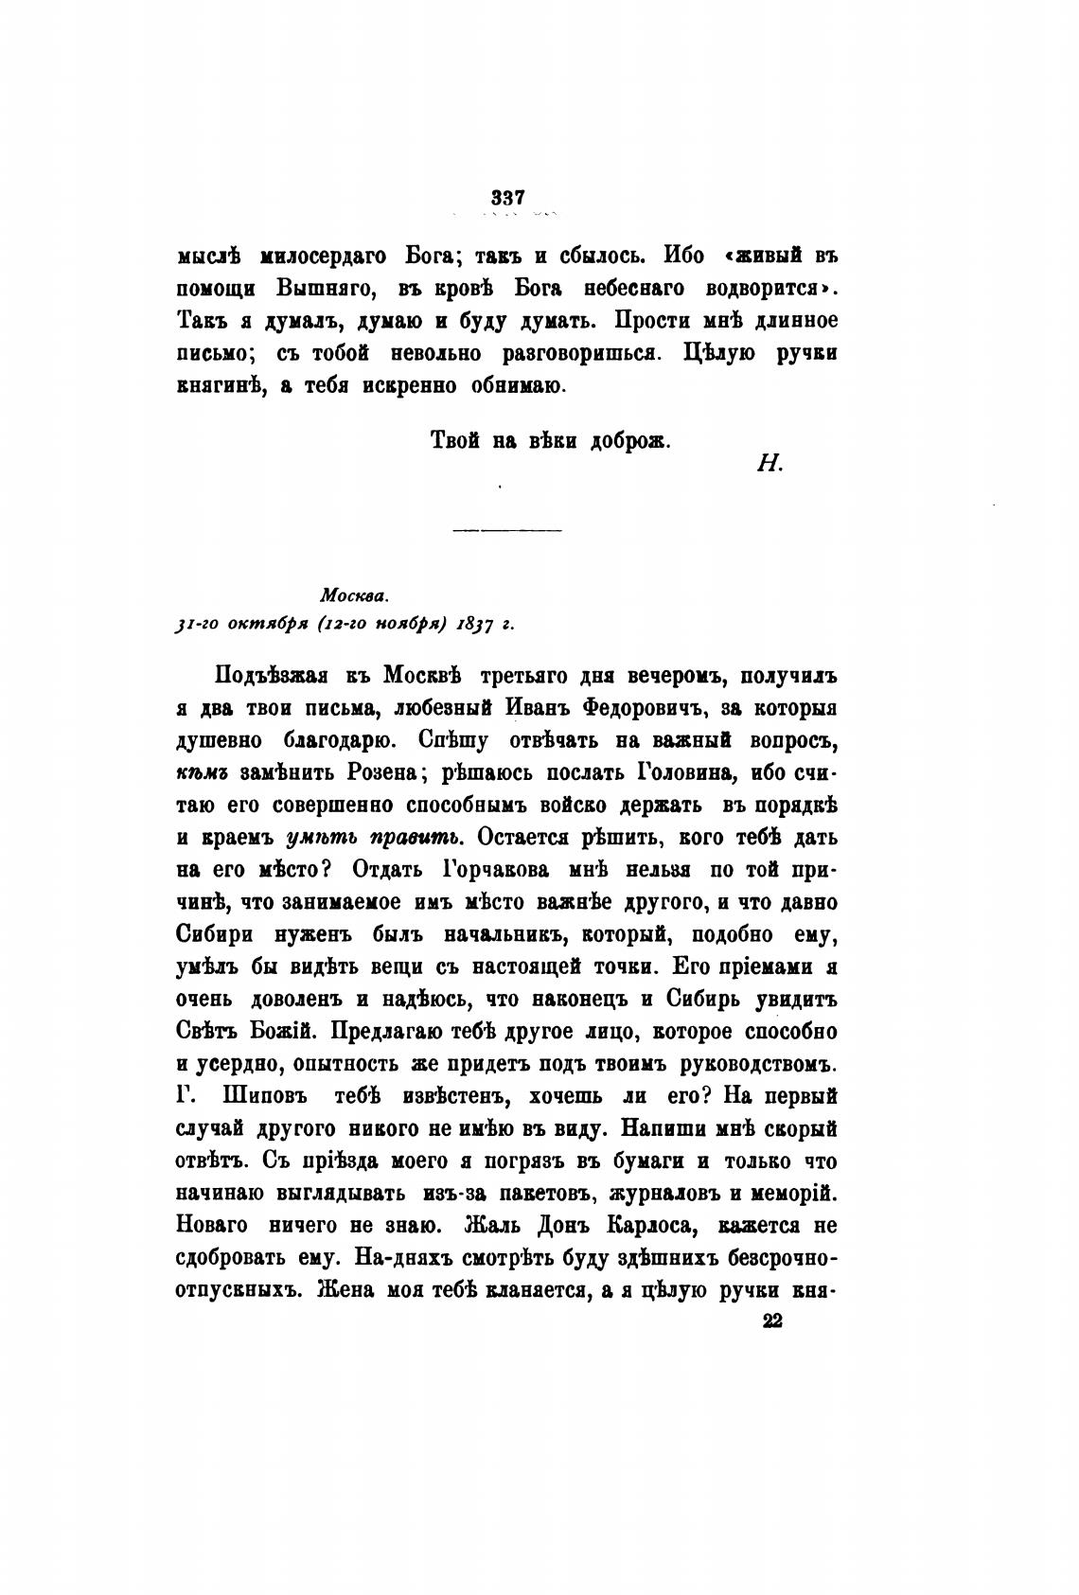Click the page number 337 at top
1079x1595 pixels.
pos(508,198)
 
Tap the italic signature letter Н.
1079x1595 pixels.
pos(768,463)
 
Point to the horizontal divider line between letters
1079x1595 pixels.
pos(507,529)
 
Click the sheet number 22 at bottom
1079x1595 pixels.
pos(772,1322)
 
